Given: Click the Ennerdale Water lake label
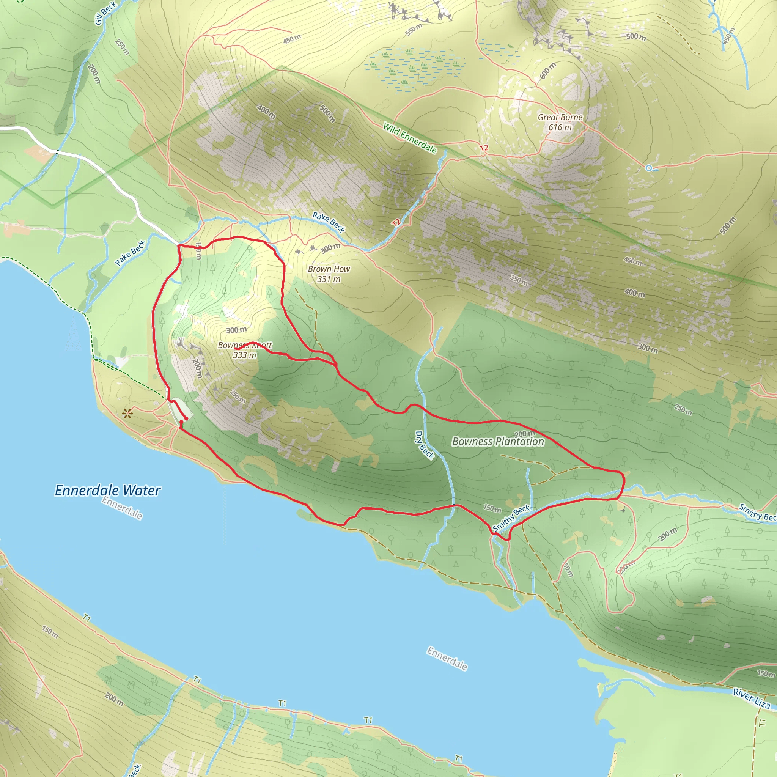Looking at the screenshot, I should click(107, 490).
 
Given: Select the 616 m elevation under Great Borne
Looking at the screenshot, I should click(560, 127).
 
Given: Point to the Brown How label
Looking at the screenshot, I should click(329, 269).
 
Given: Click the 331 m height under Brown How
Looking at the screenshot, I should click(329, 279).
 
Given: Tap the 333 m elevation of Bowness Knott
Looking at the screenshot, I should click(245, 355).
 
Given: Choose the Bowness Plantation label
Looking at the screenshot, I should click(498, 442).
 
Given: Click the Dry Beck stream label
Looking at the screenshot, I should click(425, 445).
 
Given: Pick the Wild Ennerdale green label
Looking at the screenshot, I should click(410, 138).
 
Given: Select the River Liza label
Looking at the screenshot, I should click(751, 698).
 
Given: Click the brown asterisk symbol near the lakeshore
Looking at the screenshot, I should click(127, 413).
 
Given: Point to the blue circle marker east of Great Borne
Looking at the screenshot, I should click(648, 168).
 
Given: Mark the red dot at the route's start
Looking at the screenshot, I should click(186, 419).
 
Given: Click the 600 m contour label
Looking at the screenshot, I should click(547, 71).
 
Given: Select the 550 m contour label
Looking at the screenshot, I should click(414, 29).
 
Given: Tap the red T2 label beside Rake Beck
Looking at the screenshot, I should click(396, 222).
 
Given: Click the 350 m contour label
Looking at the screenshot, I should click(519, 280).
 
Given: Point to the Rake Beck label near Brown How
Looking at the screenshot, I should click(329, 222).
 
